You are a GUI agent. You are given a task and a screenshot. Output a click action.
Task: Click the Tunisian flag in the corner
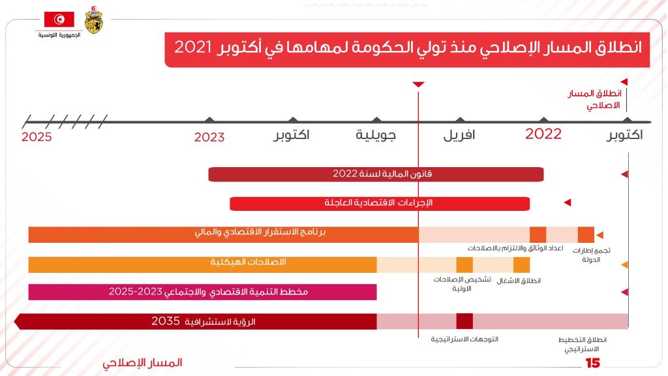pyautogui.click(x=59, y=20)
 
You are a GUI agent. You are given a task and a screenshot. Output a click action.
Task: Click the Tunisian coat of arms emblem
pyautogui.click(x=93, y=21)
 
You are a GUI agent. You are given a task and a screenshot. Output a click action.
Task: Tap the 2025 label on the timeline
pyautogui.click(x=37, y=137)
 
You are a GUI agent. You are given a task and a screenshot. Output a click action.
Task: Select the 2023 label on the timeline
pyautogui.click(x=209, y=137)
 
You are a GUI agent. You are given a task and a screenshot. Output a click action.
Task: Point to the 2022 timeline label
pyautogui.click(x=543, y=134)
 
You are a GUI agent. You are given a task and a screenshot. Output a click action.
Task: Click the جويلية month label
pyautogui.click(x=376, y=136)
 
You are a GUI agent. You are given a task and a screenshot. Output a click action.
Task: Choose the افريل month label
pyautogui.click(x=459, y=136)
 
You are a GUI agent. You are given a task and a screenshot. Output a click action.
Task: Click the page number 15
pyautogui.click(x=592, y=363)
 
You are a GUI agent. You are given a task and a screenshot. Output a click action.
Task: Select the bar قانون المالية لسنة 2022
pyautogui.click(x=376, y=174)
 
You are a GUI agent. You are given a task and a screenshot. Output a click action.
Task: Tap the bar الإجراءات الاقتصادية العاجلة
pyautogui.click(x=380, y=203)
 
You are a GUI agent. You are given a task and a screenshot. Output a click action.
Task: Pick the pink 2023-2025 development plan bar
pyautogui.click(x=202, y=292)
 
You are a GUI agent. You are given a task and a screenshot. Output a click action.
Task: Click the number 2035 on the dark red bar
pyautogui.click(x=165, y=321)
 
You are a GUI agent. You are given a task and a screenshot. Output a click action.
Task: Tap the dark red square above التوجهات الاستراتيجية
pyautogui.click(x=464, y=321)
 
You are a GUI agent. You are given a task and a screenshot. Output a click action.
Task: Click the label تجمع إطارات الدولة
pyautogui.click(x=591, y=255)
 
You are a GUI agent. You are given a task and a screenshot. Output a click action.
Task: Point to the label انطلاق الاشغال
pyautogui.click(x=519, y=281)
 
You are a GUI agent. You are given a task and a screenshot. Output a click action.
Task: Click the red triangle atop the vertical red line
pyautogui.click(x=419, y=85)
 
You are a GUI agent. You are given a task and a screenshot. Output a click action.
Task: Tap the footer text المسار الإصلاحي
pyautogui.click(x=142, y=363)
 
